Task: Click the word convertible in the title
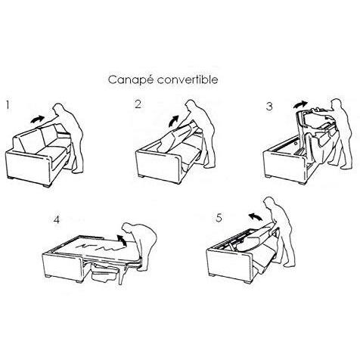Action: tap(188, 79)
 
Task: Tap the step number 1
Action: tap(8, 105)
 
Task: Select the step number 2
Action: tap(138, 104)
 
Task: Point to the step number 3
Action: tap(269, 107)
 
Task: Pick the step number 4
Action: tap(57, 220)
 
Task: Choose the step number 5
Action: tap(219, 218)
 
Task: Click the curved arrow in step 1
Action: tap(37, 119)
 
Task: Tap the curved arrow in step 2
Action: tap(174, 121)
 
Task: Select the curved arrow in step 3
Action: tap(300, 104)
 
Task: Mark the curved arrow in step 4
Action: tap(122, 240)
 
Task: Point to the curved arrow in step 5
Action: tap(255, 217)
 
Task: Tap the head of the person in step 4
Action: tap(128, 229)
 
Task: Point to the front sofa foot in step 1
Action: tap(46, 185)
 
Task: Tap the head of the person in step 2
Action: tap(191, 106)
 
